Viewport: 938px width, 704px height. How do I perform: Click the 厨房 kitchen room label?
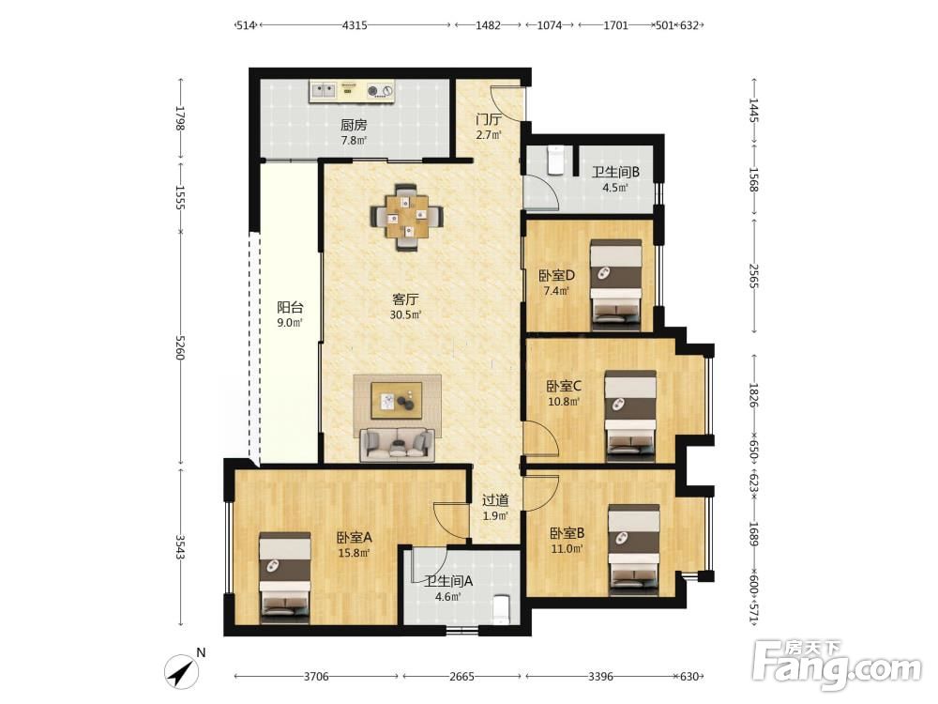point(354,125)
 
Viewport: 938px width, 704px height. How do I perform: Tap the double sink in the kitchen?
point(324,90)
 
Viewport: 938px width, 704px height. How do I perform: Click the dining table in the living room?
point(407,216)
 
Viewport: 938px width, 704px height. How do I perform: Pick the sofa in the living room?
point(397,445)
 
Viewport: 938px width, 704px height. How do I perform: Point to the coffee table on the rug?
point(397,401)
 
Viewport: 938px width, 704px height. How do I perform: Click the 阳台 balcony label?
point(290,308)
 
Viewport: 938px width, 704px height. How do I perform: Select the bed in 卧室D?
point(616,285)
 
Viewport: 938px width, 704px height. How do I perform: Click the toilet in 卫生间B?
point(555,161)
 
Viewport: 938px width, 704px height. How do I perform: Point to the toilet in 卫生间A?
point(500,609)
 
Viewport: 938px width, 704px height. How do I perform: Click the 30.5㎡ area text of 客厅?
point(405,314)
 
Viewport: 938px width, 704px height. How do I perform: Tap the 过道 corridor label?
point(495,500)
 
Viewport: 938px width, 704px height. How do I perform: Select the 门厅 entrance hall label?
point(489,119)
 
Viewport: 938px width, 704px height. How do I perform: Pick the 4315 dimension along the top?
point(355,25)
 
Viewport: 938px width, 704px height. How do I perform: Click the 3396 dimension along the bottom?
point(600,677)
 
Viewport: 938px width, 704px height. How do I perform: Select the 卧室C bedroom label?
point(564,386)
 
